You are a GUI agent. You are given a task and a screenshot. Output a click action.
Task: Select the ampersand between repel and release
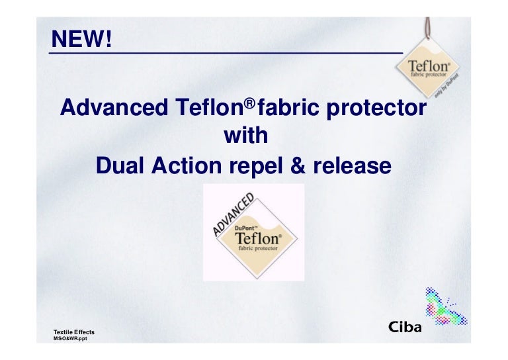(298, 165)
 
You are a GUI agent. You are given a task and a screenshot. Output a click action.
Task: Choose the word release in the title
(351, 165)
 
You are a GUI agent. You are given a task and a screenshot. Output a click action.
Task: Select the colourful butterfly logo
(444, 308)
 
